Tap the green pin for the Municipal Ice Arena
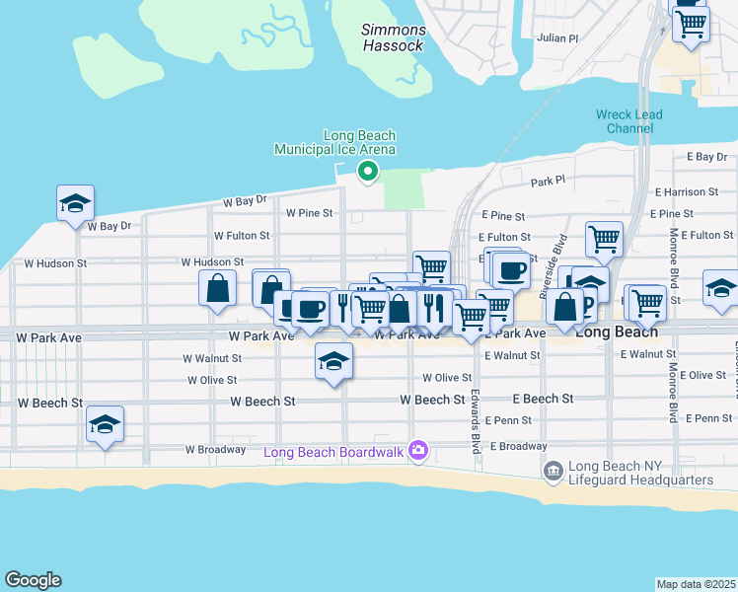[368, 172]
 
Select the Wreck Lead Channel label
[629, 121]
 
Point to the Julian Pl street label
[557, 38]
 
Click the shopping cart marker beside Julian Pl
[691, 24]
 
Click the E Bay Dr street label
[705, 157]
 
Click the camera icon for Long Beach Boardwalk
[418, 450]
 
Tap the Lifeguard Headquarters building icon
[553, 473]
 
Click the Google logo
[33, 580]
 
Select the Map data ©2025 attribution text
[696, 584]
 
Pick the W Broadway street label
[215, 450]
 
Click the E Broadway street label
[517, 446]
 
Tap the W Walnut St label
[210, 358]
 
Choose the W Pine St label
[310, 212]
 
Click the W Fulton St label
[242, 236]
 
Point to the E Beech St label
[543, 399]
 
